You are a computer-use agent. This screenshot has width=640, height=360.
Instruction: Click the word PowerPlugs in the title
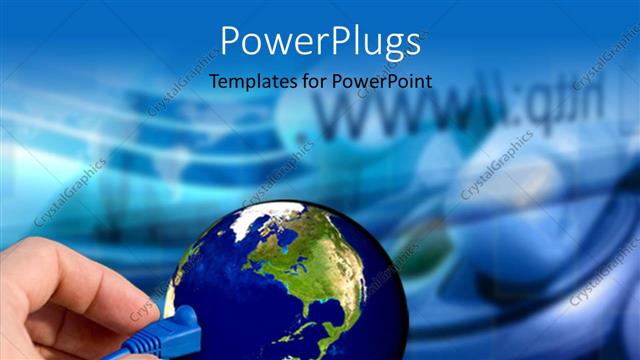tap(319, 42)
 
